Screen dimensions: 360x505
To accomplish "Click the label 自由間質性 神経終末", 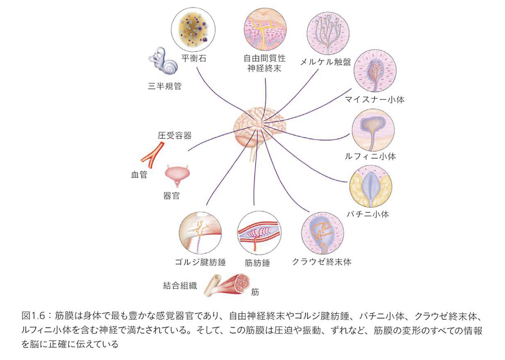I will point(265,64).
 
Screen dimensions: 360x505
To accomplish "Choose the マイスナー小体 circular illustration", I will point(375,71).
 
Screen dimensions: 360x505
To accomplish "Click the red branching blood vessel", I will point(152,156).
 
